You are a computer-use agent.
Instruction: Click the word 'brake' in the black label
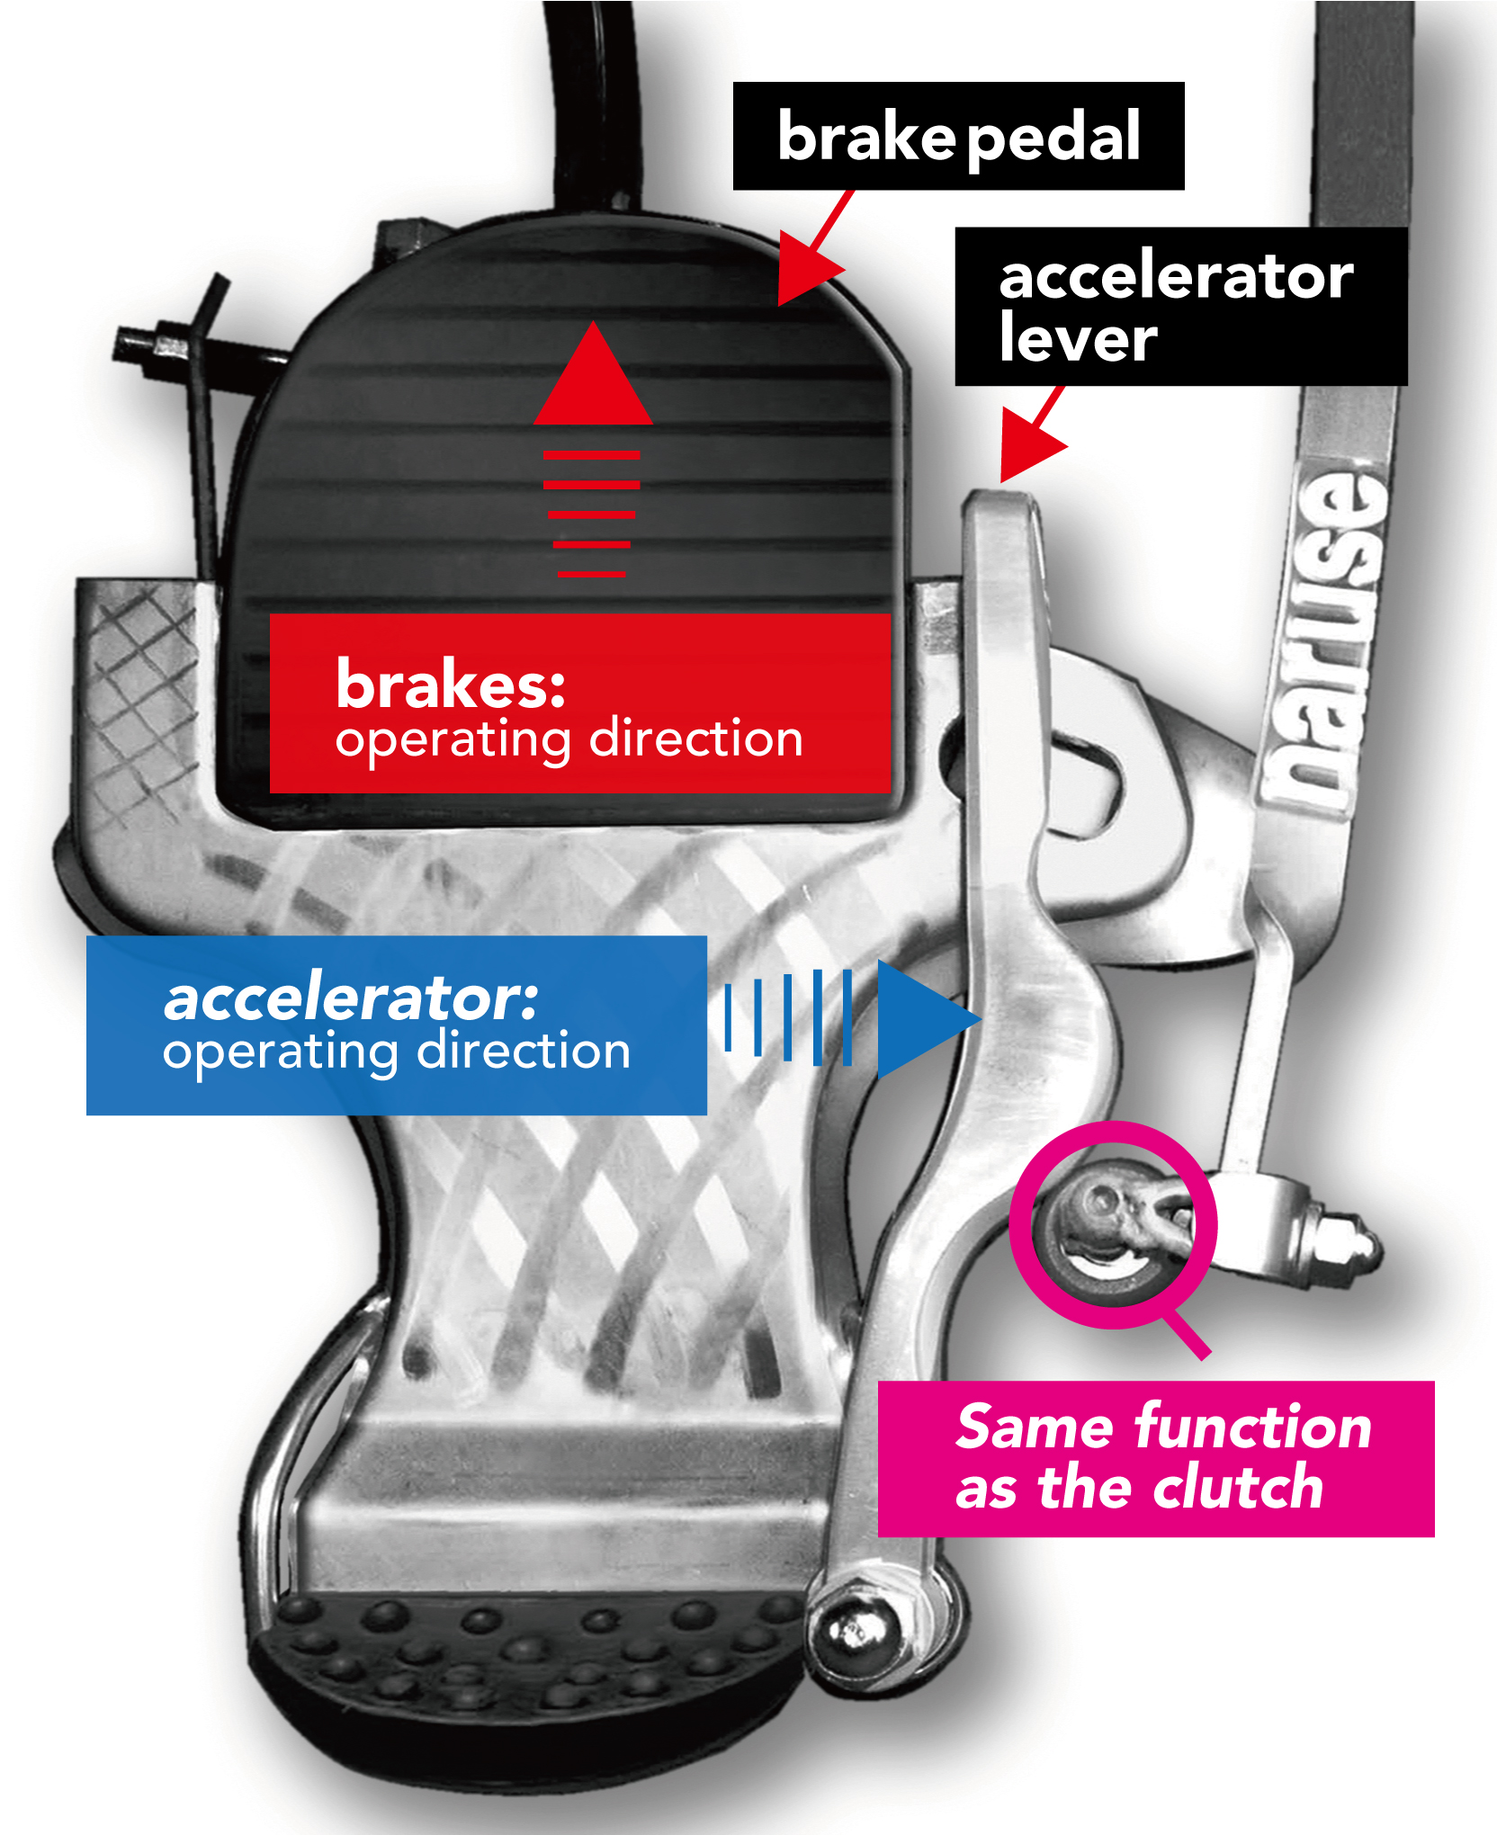click(x=865, y=138)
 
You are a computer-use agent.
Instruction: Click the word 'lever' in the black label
click(x=1078, y=339)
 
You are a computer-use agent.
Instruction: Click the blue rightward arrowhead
click(x=922, y=1019)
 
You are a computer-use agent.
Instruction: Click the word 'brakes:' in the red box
click(x=450, y=685)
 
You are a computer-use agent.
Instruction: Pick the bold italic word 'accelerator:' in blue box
click(x=351, y=998)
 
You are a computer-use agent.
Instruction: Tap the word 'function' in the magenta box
click(x=1252, y=1428)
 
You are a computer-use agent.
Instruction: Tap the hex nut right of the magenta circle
click(x=1340, y=1246)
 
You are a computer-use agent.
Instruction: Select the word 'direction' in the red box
click(x=696, y=739)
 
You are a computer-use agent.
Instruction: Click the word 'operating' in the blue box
click(x=281, y=1052)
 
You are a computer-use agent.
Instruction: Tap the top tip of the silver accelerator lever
click(x=1000, y=504)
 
